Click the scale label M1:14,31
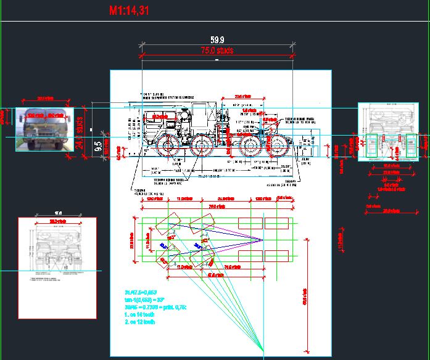[128, 10]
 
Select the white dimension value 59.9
[217, 40]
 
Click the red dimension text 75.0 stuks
[217, 51]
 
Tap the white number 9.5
[97, 146]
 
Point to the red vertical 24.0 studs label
[80, 133]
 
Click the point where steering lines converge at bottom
[264, 352]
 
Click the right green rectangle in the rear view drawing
[410, 143]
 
